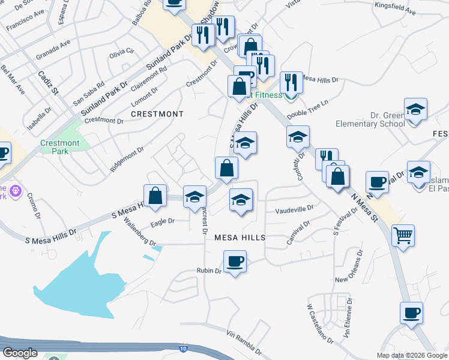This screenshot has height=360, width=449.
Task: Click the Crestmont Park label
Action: (60, 147)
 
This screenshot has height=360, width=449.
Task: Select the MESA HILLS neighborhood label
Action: (240, 238)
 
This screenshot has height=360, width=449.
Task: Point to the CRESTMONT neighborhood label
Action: (157, 113)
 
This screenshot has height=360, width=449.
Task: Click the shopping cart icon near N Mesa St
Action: (403, 235)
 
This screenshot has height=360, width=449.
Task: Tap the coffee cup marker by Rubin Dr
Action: (235, 262)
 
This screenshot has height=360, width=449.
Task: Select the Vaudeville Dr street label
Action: (294, 210)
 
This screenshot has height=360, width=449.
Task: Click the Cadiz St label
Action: (47, 83)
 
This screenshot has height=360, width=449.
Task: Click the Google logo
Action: (20, 353)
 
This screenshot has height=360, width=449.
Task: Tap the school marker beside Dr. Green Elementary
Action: (415, 110)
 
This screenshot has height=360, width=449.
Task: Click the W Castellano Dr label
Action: (319, 324)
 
